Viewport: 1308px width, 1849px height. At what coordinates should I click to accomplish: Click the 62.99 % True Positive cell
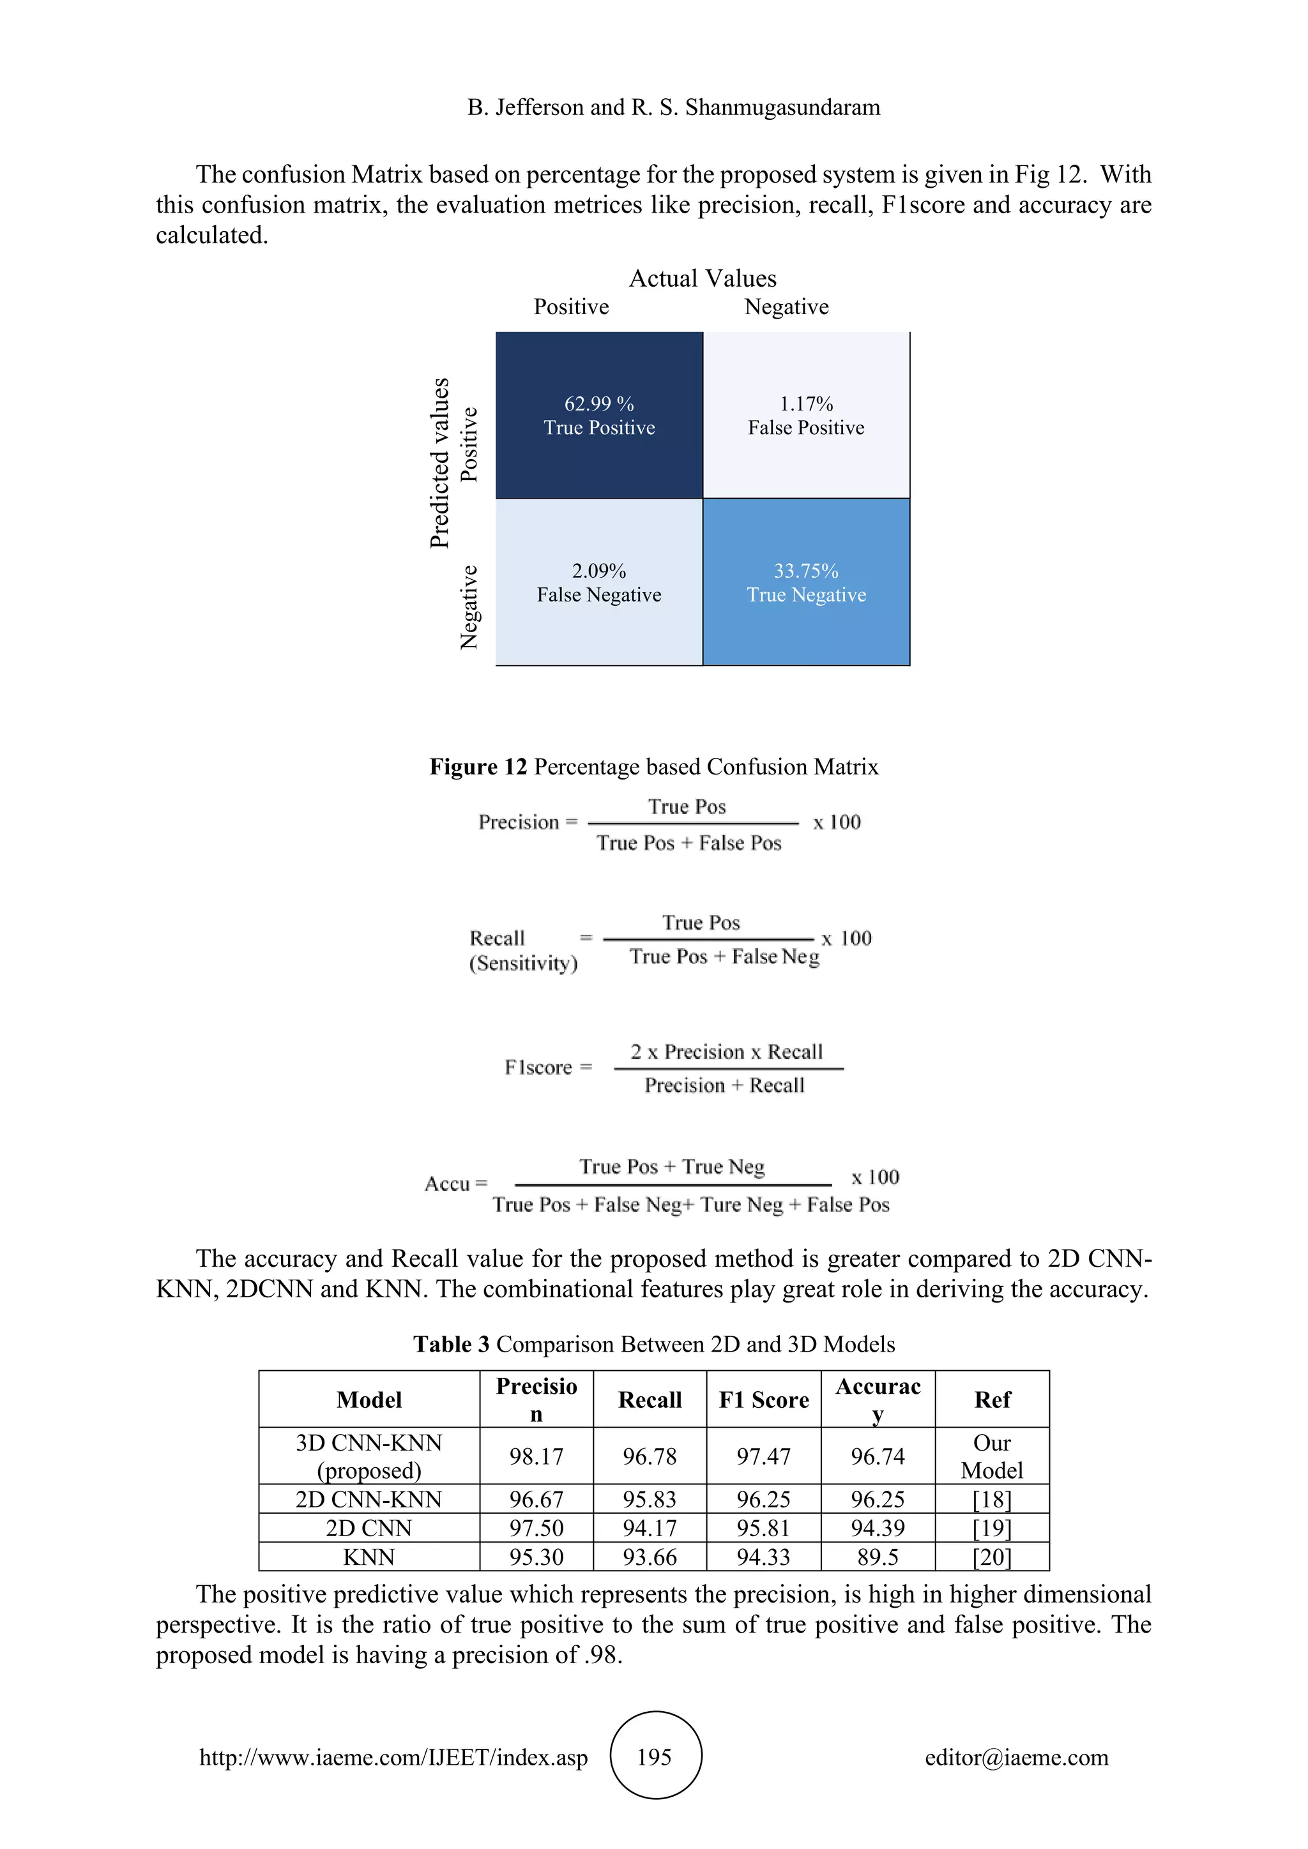(598, 416)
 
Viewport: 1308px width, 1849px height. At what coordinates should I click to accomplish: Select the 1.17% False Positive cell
(806, 416)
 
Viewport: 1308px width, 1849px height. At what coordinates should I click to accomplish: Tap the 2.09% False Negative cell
(598, 582)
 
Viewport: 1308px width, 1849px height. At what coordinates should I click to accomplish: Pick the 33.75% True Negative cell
(806, 582)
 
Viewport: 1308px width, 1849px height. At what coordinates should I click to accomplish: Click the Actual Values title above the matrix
(703, 278)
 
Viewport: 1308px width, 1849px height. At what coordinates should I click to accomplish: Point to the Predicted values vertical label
(440, 463)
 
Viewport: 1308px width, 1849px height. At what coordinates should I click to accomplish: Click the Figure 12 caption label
(478, 767)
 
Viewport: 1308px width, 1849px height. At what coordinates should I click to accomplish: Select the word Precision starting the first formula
(519, 822)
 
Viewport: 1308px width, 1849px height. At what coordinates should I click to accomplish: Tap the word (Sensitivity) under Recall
(524, 963)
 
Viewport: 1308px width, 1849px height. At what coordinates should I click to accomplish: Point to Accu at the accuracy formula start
(447, 1184)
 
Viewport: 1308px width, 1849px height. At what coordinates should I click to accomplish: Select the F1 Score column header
(764, 1400)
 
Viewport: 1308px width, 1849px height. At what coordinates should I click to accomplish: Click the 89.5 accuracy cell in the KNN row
(878, 1557)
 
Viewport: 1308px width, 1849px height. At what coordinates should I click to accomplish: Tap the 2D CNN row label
(369, 1528)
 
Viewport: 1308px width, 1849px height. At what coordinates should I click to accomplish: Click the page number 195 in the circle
(654, 1757)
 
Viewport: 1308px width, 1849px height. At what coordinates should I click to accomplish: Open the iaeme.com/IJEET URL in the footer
(394, 1757)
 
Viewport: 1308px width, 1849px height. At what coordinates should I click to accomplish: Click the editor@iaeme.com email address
(1016, 1757)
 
